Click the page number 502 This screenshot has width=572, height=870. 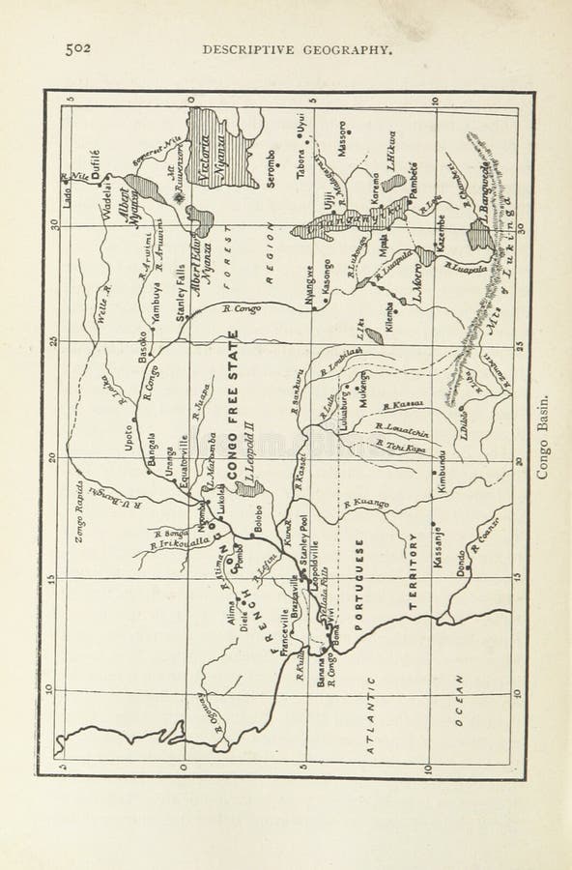pyautogui.click(x=79, y=50)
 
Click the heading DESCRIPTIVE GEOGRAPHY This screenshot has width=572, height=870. pyautogui.click(x=296, y=50)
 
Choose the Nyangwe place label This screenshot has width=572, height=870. pyautogui.click(x=308, y=286)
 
